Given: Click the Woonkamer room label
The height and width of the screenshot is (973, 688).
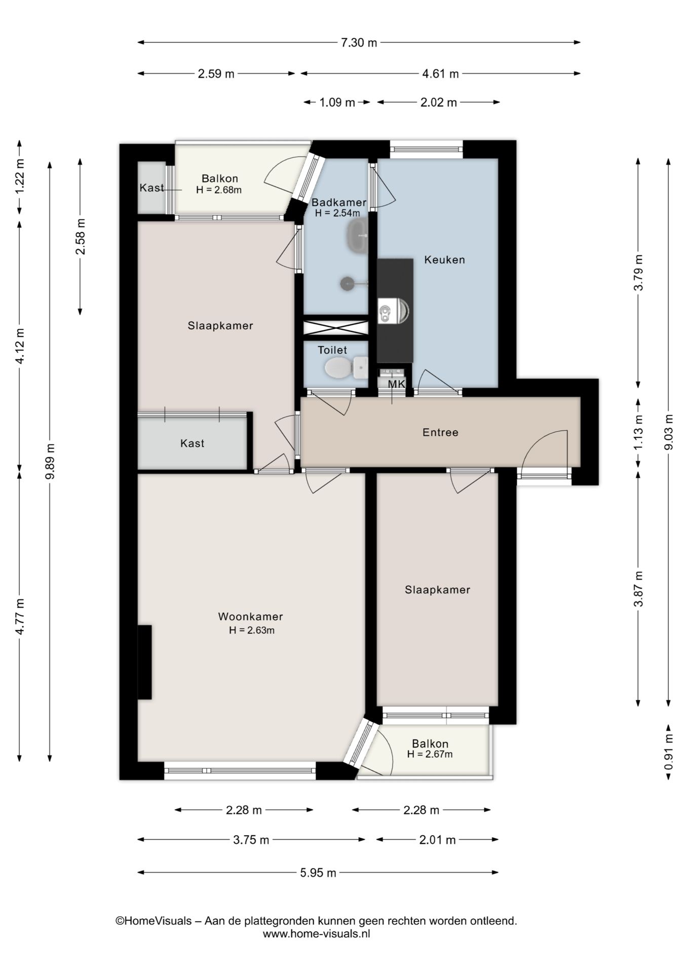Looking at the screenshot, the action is (x=250, y=617).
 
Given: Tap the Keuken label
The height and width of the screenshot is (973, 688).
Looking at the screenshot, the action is (x=444, y=260).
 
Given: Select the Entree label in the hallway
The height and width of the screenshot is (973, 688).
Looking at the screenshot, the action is (x=440, y=432).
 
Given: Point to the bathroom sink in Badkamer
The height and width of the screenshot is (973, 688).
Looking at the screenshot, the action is (x=358, y=236).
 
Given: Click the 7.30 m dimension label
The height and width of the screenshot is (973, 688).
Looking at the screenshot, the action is (x=359, y=43).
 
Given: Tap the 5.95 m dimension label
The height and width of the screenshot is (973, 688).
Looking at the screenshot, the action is (x=318, y=873).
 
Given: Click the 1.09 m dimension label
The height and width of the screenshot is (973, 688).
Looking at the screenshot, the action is (x=337, y=102).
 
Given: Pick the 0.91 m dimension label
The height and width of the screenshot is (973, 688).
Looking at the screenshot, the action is (x=669, y=752).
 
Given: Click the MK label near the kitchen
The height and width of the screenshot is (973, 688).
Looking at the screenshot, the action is (x=397, y=384).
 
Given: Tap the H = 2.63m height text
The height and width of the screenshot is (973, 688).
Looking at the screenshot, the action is (x=251, y=630).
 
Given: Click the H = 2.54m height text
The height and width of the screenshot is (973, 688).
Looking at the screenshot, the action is (x=337, y=213).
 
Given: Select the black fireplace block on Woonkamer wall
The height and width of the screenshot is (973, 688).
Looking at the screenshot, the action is (x=145, y=662).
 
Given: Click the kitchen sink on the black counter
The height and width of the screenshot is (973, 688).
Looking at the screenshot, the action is (x=393, y=311).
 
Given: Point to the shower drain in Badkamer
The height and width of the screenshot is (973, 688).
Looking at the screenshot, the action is (x=348, y=283).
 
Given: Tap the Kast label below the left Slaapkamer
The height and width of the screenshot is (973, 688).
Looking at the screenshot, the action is (x=192, y=443).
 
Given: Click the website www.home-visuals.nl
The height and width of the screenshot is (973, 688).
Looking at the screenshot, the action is (x=316, y=933).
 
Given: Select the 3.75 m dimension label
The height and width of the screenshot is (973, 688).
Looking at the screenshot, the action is (x=251, y=840).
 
